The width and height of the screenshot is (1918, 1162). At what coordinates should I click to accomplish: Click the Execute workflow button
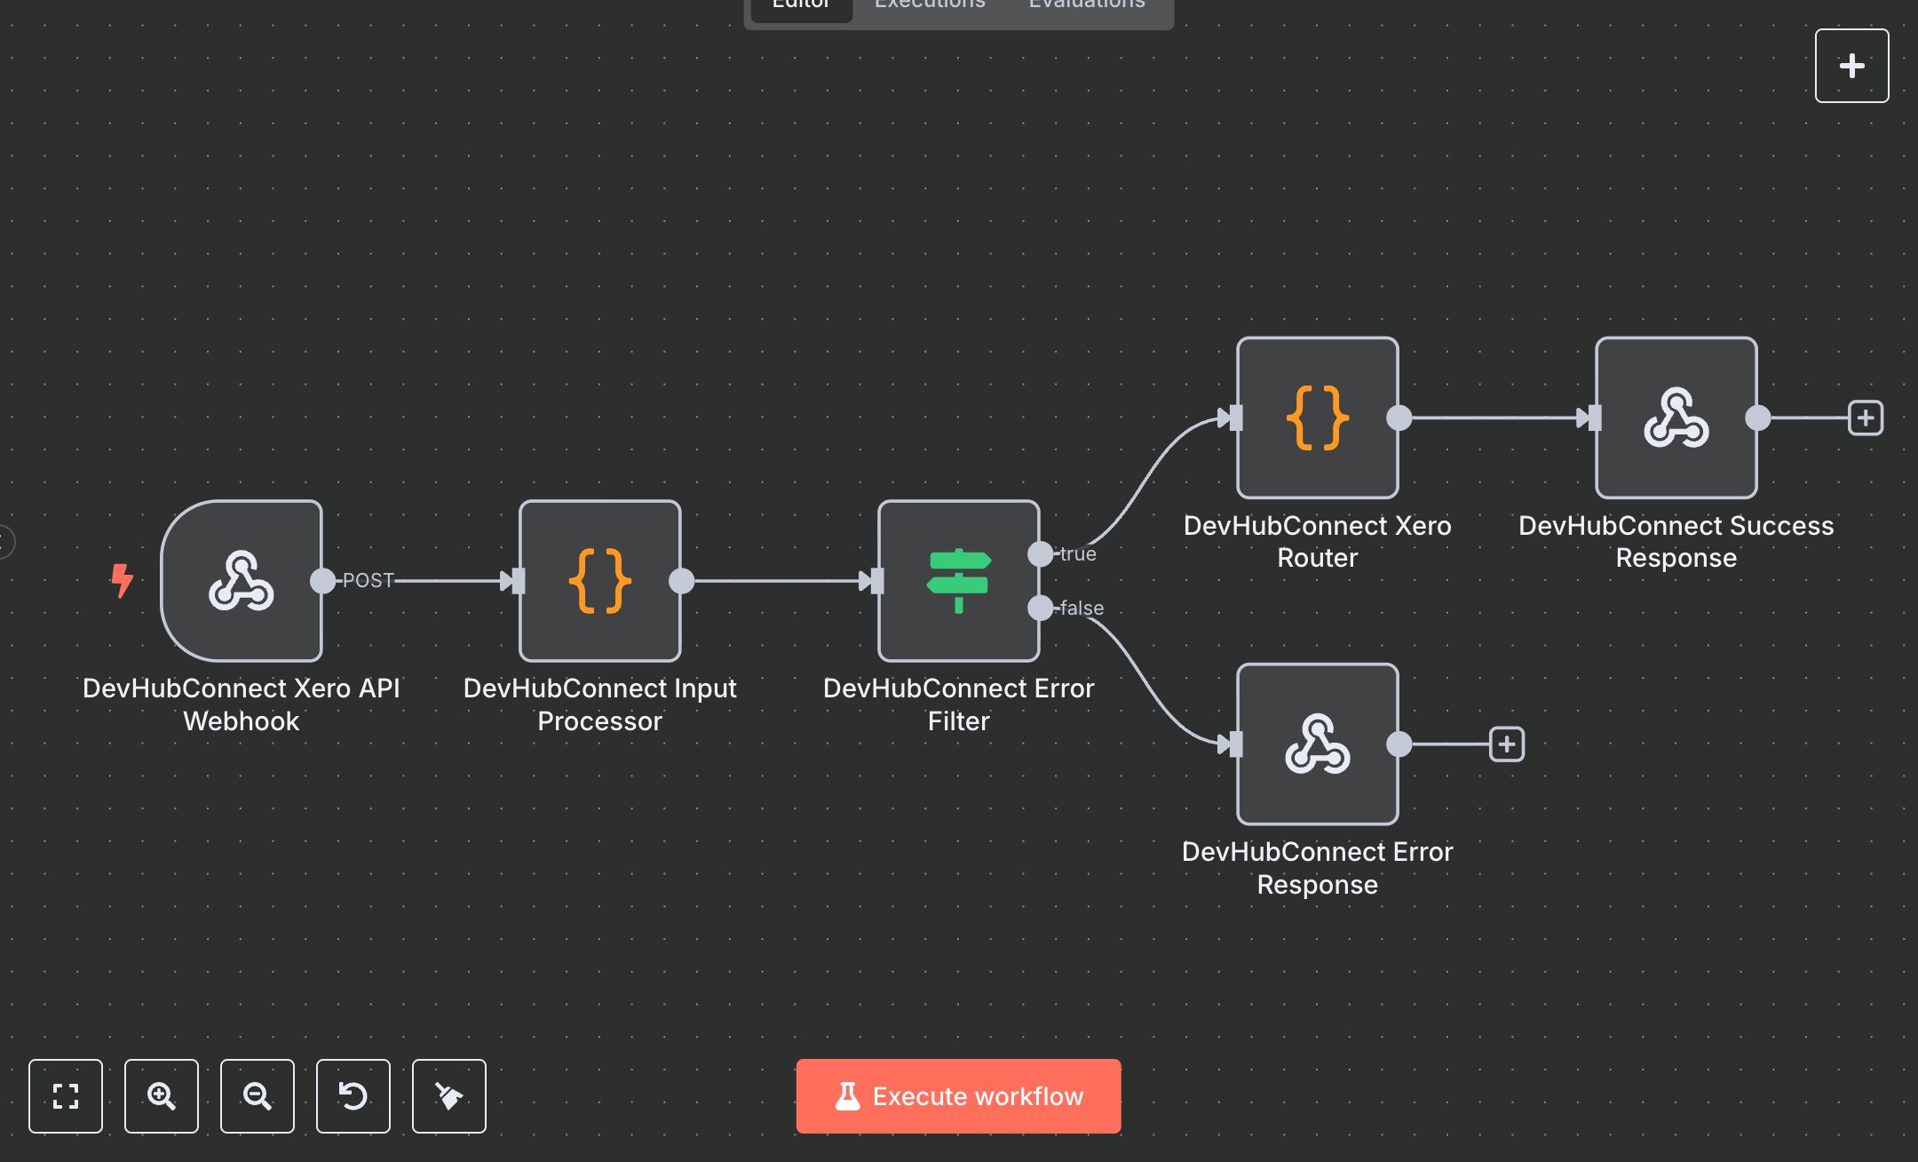(x=958, y=1095)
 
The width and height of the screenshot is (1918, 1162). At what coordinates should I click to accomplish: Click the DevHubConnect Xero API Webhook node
(x=242, y=581)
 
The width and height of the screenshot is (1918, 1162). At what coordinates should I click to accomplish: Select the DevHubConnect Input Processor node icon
(x=600, y=581)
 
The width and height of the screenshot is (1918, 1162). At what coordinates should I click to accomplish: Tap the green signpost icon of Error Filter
(x=958, y=581)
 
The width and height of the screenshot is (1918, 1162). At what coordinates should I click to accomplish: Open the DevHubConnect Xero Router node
(x=1317, y=418)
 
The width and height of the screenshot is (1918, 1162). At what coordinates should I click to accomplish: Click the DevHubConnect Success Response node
(x=1676, y=418)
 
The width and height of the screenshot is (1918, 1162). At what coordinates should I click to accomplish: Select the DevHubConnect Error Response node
(x=1317, y=744)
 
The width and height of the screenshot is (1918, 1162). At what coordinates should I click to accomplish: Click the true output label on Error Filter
(x=1078, y=553)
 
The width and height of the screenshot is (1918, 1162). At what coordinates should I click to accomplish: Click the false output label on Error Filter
(x=1082, y=608)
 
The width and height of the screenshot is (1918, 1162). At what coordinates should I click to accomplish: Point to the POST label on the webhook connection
(x=368, y=580)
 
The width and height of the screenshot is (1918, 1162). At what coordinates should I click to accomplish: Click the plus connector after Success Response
(x=1865, y=418)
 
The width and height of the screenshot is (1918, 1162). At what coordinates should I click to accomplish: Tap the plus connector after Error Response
(x=1506, y=744)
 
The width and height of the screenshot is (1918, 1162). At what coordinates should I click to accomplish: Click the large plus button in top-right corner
(x=1851, y=66)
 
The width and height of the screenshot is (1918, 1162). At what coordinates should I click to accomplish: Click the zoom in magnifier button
(x=162, y=1095)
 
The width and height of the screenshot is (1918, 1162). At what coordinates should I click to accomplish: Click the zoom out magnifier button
(x=258, y=1095)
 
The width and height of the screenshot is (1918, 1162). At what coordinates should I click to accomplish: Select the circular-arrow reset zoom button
(x=353, y=1095)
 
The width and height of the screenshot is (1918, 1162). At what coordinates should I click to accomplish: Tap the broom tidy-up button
(x=449, y=1095)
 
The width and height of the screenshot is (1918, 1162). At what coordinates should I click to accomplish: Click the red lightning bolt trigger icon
(x=122, y=580)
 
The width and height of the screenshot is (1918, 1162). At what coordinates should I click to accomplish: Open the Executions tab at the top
(x=930, y=5)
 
